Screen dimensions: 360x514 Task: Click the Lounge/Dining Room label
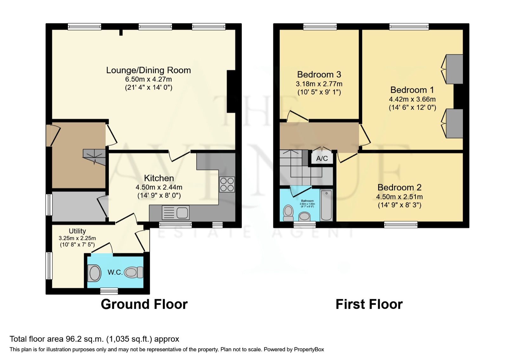(148, 70)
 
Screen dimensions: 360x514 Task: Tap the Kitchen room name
(159, 178)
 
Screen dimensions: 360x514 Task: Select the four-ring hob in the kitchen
(227, 184)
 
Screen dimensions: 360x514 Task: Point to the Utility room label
(77, 231)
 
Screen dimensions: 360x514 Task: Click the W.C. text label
(115, 272)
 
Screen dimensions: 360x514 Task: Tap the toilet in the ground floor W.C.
(134, 272)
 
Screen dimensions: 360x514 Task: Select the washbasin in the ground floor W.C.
(94, 273)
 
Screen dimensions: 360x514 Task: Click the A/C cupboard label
(322, 158)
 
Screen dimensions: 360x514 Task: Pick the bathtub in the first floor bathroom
(326, 205)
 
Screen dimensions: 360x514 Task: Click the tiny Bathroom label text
(307, 201)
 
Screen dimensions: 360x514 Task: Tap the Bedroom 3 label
(319, 75)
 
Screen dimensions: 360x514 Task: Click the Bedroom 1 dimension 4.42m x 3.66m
(412, 99)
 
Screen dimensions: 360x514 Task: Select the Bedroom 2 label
(399, 187)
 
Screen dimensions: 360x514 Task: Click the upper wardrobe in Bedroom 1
(454, 69)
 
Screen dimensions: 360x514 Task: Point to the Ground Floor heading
(144, 304)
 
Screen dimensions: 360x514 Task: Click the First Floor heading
(369, 304)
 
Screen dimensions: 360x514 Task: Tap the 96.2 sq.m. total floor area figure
(84, 339)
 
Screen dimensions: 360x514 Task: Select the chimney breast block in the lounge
(231, 91)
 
